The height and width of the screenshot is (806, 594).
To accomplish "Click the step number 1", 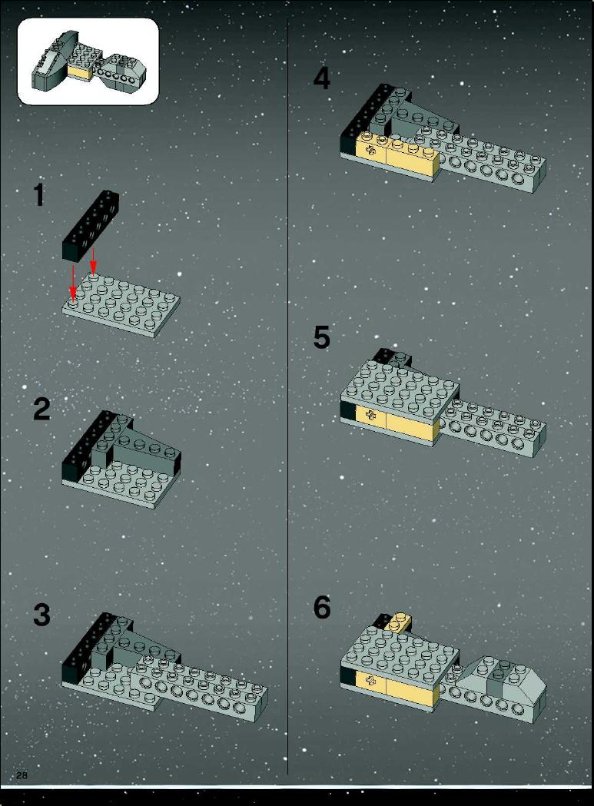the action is [39, 195].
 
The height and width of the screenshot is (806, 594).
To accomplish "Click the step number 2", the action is [41, 409].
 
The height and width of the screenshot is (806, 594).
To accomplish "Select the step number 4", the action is [322, 78].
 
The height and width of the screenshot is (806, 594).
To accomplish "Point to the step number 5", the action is [322, 337].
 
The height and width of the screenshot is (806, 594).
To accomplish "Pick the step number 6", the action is [322, 607].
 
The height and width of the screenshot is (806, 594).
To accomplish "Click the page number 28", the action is [22, 775].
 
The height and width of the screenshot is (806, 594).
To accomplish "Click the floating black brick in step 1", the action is [91, 225].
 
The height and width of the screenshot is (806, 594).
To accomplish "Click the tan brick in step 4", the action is [397, 153].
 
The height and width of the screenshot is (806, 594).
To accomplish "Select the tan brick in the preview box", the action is [80, 73].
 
